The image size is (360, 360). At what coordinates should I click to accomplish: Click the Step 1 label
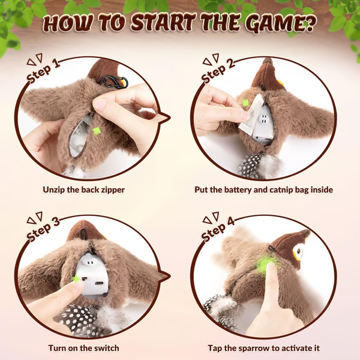click(52, 71)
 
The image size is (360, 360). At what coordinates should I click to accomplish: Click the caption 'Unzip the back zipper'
click(83, 189)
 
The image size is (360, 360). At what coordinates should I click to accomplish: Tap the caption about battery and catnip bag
click(263, 189)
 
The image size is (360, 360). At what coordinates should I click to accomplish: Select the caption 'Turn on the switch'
click(83, 347)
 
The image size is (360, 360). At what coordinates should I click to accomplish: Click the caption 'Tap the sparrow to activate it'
click(263, 347)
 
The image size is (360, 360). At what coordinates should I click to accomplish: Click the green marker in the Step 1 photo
click(97, 130)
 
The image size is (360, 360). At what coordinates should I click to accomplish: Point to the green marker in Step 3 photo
click(76, 278)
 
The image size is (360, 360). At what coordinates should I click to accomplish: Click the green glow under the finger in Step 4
click(265, 262)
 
